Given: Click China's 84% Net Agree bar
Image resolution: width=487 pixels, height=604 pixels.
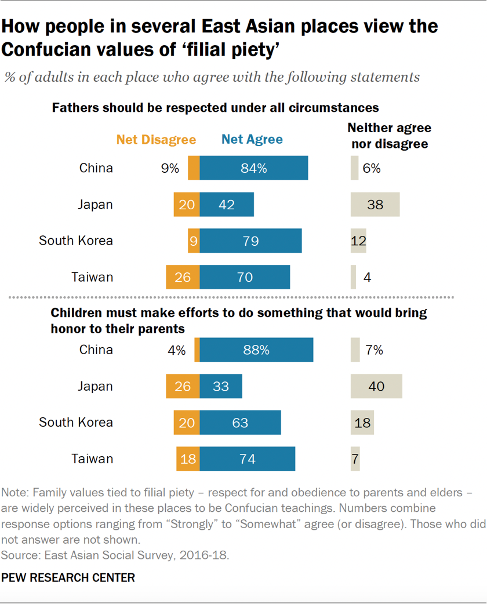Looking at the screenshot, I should (254, 169).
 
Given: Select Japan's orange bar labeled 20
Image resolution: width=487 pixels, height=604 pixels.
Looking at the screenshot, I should (187, 205).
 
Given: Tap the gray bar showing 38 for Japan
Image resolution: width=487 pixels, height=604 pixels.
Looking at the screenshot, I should (375, 205).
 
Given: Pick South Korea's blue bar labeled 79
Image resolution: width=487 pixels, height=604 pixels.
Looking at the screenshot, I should (250, 241).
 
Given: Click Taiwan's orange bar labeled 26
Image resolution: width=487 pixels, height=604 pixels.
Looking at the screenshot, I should (183, 277).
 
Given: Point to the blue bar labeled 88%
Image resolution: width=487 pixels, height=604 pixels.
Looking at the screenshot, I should (256, 350).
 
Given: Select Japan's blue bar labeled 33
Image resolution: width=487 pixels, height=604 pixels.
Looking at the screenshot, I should (221, 386).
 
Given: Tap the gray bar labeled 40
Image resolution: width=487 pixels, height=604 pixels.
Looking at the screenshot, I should (376, 386).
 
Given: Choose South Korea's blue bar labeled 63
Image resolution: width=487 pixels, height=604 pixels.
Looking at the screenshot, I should (240, 423).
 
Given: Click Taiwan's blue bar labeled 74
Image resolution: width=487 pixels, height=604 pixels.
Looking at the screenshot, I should (248, 459).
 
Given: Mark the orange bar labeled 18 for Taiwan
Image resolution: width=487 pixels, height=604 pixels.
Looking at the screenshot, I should (188, 459).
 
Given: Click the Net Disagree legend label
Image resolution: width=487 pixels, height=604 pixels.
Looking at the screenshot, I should (156, 140).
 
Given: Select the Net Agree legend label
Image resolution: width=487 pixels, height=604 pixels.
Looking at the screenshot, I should (252, 140).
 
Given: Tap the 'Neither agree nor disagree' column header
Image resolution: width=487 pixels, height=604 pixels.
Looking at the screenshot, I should (389, 136).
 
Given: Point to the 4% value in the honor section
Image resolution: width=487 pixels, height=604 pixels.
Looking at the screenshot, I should (176, 350).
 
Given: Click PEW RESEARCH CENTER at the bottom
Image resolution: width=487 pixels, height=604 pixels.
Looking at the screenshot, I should (68, 578).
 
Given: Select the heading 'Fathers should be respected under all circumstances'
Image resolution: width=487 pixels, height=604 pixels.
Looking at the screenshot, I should (215, 108).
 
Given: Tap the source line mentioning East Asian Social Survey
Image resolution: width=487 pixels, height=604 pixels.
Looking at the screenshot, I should (116, 555).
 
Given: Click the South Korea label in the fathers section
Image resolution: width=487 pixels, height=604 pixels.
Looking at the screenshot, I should (75, 241).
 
